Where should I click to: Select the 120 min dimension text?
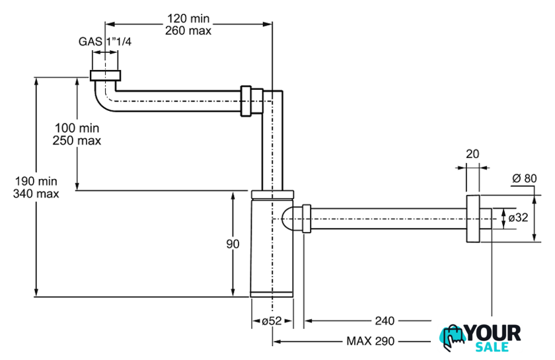(x=188, y=18)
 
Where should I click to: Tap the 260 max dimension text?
(x=188, y=30)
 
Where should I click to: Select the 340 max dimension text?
(x=36, y=194)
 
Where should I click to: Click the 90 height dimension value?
(x=233, y=244)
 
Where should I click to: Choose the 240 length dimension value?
(x=384, y=321)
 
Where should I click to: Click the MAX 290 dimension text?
(x=369, y=342)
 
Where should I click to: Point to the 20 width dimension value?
(x=472, y=154)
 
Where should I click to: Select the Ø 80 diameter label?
(x=525, y=178)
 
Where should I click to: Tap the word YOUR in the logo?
(x=493, y=333)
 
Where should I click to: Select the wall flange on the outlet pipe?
(x=472, y=219)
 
